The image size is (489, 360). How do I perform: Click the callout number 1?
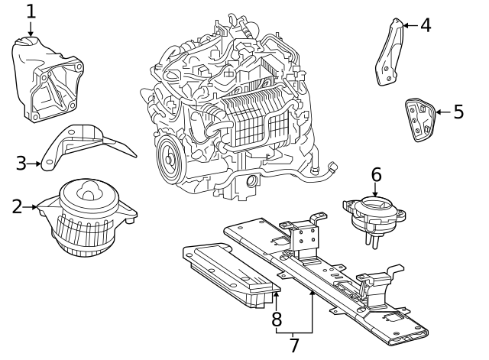[x=31, y=11]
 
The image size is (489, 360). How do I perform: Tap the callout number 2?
[x=17, y=206]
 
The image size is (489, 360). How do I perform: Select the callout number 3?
[x=21, y=162]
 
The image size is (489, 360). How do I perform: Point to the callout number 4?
[x=425, y=25]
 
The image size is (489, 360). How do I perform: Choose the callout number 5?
[x=458, y=112]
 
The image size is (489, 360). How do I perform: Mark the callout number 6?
[x=376, y=174]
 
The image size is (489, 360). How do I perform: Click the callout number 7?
[x=293, y=345]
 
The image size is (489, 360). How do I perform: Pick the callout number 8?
[x=277, y=318]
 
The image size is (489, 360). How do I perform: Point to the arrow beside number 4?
[x=409, y=25]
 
